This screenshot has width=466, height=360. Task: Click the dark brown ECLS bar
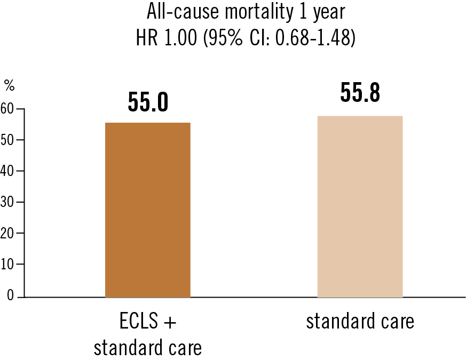point(148,210)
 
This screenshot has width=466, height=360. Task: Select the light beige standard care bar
point(360,206)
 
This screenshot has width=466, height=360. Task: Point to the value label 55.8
point(360,93)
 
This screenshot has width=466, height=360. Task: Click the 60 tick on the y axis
point(7,109)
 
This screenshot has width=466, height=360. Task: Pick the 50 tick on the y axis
point(7,140)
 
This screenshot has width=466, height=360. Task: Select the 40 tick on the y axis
point(7,171)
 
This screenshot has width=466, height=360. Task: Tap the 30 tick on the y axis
point(7,202)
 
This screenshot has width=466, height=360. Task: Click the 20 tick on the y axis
point(7,233)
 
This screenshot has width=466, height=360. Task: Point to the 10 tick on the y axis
point(7,264)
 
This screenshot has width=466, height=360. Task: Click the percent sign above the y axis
point(9,85)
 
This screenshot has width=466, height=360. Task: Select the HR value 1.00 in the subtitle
point(184,39)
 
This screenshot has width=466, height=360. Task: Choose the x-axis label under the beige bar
point(360,323)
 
